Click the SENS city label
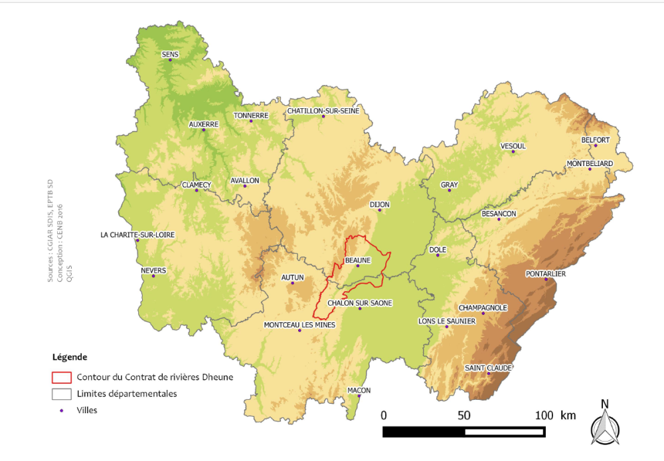pyautogui.click(x=170, y=54)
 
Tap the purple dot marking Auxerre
pyautogui.click(x=204, y=130)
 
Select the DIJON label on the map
pyautogui.click(x=380, y=204)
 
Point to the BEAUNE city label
pyautogui.click(x=357, y=260)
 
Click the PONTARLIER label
pyautogui.click(x=545, y=273)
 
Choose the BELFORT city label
pyautogui.click(x=595, y=139)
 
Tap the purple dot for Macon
pyautogui.click(x=359, y=397)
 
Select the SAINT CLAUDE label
pyautogui.click(x=489, y=367)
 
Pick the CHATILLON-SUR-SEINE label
pyautogui.click(x=323, y=110)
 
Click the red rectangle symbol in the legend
pyautogui.click(x=61, y=377)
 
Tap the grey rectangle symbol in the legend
pyautogui.click(x=61, y=394)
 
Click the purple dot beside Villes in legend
pyautogui.click(x=62, y=411)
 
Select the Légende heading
pyautogui.click(x=70, y=357)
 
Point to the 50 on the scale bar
pyautogui.click(x=463, y=415)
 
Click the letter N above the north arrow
pyautogui.click(x=604, y=403)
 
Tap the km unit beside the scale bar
pyautogui.click(x=568, y=415)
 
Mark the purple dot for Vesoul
pyautogui.click(x=513, y=152)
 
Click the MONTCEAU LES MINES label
pyautogui.click(x=299, y=325)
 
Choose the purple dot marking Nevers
pyautogui.click(x=153, y=276)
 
